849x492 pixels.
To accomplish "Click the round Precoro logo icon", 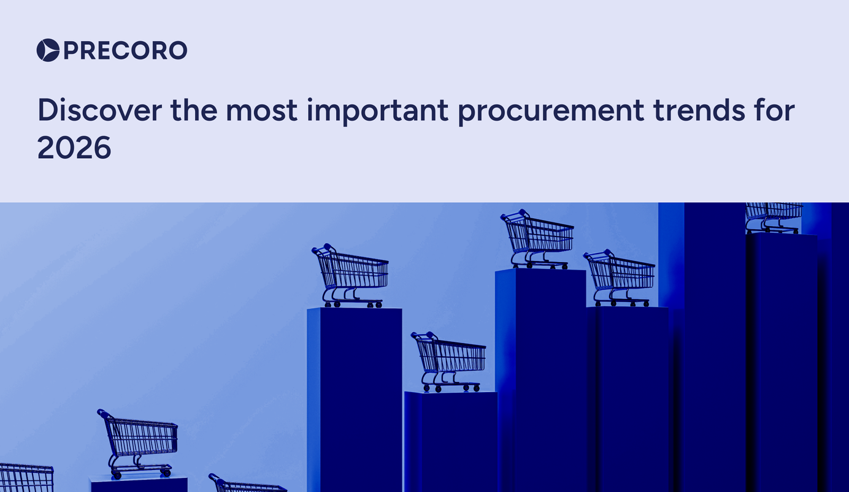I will pos(48,50).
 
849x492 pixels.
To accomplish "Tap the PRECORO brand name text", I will pos(125,50).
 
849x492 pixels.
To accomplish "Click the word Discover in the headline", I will pos(99,110).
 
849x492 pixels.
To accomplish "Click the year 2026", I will pos(74,147).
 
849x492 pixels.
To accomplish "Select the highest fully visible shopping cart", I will pos(538,240).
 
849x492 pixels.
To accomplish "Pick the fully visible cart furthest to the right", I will pos(620,278).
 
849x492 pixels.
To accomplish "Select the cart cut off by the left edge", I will pos(26,477).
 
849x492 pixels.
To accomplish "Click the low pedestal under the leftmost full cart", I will pos(139,485).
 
